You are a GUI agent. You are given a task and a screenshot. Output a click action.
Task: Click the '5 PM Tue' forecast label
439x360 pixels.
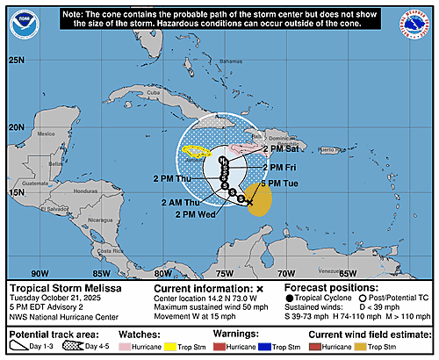tap(284, 182)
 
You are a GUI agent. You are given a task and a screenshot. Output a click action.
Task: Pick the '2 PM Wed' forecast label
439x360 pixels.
tap(197, 213)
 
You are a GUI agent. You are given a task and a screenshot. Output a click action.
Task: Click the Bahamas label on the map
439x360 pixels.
tap(231, 62)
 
